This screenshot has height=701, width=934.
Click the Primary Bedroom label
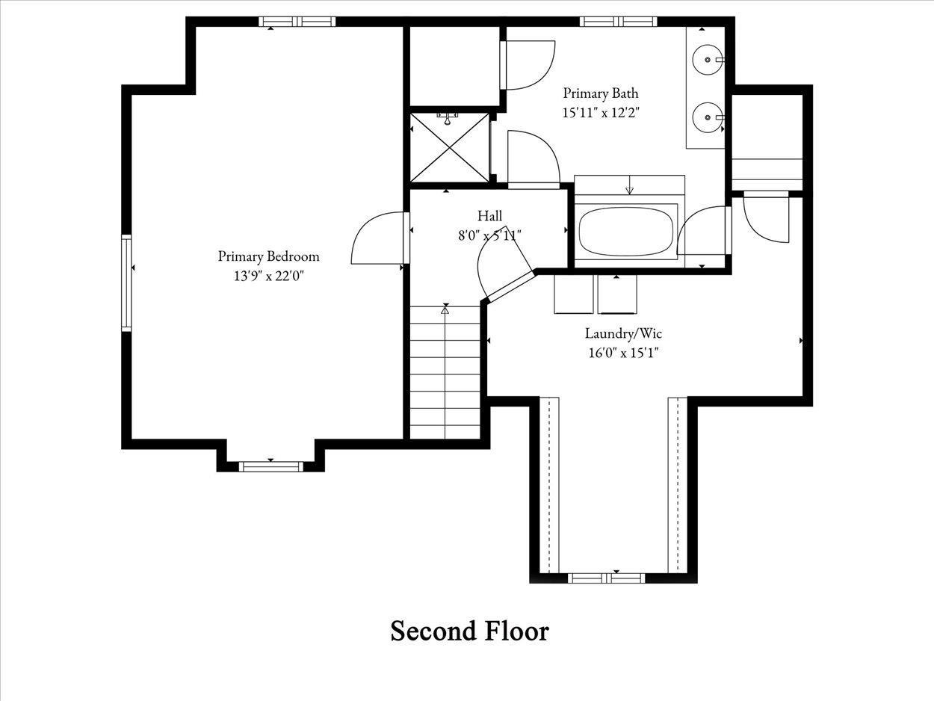click(x=268, y=256)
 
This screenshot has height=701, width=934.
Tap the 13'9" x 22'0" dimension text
click(x=268, y=277)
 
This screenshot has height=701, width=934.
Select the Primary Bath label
click(x=601, y=93)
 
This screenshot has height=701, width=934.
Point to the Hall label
click(x=489, y=215)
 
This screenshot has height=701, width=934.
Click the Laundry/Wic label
click(x=623, y=333)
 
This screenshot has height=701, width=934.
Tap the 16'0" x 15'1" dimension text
click(x=623, y=353)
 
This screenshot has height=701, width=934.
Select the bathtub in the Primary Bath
click(x=626, y=232)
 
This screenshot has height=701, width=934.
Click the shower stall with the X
click(x=450, y=148)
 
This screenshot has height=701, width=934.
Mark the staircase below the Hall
click(x=445, y=372)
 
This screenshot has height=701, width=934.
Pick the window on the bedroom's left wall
click(x=126, y=283)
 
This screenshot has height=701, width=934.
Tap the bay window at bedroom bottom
click(x=271, y=467)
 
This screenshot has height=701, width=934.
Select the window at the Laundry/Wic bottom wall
click(x=607, y=578)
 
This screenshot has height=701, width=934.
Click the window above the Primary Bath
click(x=618, y=21)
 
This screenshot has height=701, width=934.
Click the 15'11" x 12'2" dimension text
click(x=601, y=113)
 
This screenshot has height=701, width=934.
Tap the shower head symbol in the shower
click(x=448, y=118)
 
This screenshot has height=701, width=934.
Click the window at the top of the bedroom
click(x=297, y=21)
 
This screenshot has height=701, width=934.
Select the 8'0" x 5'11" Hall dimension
click(x=489, y=235)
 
